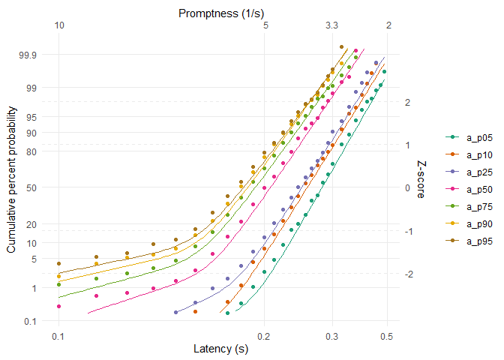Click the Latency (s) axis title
pos(220,349)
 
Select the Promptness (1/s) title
pos(220,13)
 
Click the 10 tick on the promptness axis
pos(59,25)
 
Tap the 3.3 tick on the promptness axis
pos(331,25)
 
